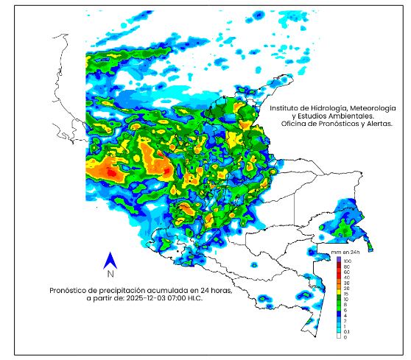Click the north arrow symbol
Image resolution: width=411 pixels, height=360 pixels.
(110, 260)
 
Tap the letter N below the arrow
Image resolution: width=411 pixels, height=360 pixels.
(110, 275)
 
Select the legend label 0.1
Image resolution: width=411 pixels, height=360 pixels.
(347, 331)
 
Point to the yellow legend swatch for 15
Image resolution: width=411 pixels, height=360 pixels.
(338, 294)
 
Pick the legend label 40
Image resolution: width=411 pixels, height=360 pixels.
(346, 278)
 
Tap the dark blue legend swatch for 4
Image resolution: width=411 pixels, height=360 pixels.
(338, 315)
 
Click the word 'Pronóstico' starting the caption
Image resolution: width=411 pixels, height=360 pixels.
(71, 290)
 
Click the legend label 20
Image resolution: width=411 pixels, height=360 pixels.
(346, 289)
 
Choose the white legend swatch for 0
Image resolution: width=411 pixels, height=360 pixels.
(338, 336)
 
